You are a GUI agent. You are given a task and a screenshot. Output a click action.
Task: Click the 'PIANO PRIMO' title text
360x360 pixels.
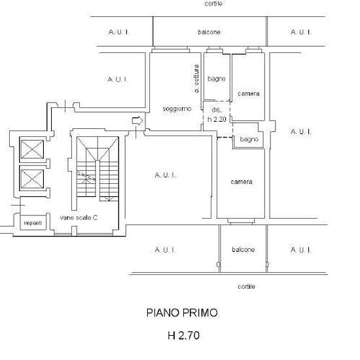(x=182, y=313)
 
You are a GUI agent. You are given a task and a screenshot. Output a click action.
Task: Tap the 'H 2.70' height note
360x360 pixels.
(x=183, y=335)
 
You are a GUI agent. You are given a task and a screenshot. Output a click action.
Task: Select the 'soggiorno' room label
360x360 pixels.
(x=177, y=109)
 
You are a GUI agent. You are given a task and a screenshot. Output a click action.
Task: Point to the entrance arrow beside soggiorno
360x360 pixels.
(x=137, y=120)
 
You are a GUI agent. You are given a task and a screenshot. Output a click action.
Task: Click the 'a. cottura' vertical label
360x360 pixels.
(x=196, y=79)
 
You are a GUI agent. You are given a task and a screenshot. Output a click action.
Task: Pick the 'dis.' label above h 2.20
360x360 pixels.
(x=217, y=110)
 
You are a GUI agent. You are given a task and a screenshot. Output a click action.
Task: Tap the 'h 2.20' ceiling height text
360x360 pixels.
(x=217, y=119)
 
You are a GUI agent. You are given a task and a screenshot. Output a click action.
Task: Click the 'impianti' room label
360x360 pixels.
(x=33, y=223)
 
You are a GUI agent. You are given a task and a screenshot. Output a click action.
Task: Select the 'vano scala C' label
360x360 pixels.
(x=79, y=218)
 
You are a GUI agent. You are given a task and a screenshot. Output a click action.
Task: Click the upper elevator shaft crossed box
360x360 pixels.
(x=32, y=149)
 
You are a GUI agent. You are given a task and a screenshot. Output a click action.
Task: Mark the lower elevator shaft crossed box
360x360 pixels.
(x=32, y=179)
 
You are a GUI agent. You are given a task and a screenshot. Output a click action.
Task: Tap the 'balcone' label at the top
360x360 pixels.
(x=209, y=32)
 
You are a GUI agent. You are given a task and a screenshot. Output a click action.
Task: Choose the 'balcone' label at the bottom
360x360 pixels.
(x=243, y=249)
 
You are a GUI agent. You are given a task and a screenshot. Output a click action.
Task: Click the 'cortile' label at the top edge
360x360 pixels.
(x=213, y=3)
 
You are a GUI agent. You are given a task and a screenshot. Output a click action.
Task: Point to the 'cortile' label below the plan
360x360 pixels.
(x=246, y=286)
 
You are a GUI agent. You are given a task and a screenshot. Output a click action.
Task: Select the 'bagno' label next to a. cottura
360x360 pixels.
(x=216, y=79)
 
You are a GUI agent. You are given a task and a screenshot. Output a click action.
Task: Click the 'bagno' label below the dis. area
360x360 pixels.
(x=249, y=139)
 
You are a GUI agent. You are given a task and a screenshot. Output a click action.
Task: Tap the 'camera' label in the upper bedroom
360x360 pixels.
(x=249, y=94)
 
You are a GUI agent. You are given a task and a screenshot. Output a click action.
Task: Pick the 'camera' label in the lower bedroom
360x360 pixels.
(x=242, y=181)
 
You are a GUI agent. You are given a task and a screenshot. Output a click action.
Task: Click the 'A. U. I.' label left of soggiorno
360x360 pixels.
(x=118, y=79)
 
